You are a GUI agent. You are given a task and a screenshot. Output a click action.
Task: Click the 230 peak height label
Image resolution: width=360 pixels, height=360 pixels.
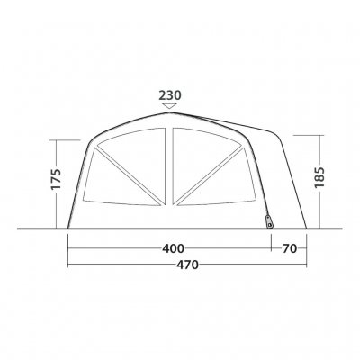tap(170, 95)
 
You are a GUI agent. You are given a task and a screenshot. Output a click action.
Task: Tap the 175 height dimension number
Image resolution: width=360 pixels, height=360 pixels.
tap(56, 179)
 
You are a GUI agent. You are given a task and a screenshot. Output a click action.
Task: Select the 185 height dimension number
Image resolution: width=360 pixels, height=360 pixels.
tap(320, 177)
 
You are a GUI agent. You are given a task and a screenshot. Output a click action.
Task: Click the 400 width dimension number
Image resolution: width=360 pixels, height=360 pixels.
tap(173, 248)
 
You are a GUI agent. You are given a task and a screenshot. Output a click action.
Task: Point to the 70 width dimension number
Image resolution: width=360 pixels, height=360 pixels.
tap(289, 248)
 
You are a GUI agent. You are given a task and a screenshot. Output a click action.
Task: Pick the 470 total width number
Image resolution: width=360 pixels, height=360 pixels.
tap(187, 265)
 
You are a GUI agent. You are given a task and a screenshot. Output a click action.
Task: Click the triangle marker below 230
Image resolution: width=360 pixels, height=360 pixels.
tap(170, 106)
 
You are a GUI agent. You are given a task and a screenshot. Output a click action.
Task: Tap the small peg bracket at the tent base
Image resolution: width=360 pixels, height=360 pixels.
tap(270, 221)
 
